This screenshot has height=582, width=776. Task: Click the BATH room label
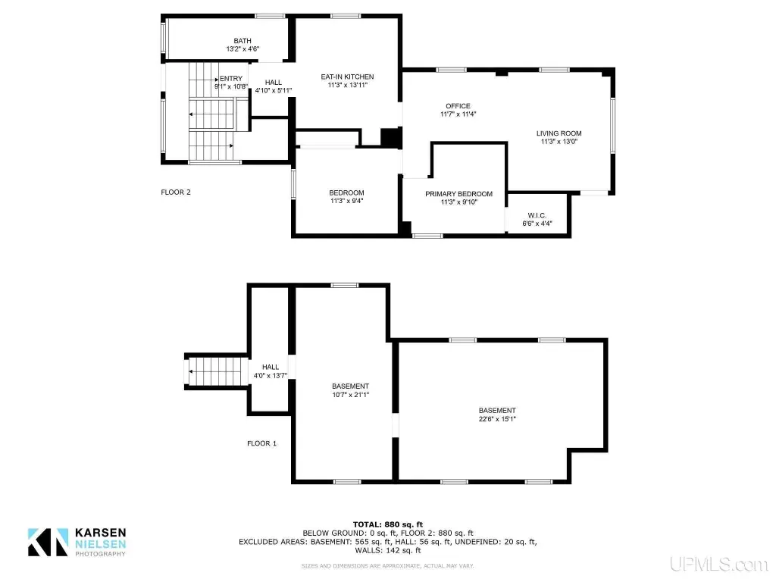pyautogui.click(x=242, y=41)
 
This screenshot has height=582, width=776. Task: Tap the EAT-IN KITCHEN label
pyautogui.click(x=347, y=77)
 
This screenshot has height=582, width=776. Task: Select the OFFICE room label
pyautogui.click(x=458, y=106)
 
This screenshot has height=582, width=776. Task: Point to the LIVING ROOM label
pyautogui.click(x=559, y=133)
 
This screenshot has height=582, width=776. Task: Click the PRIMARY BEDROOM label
pyautogui.click(x=458, y=194)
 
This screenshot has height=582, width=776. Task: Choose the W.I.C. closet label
pyautogui.click(x=537, y=215)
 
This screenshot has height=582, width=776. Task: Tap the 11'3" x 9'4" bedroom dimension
pyautogui.click(x=346, y=201)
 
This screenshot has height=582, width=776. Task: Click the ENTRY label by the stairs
pyautogui.click(x=231, y=78)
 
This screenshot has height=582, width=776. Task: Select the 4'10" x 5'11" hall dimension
pyautogui.click(x=273, y=91)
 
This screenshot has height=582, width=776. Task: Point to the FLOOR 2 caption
pyautogui.click(x=176, y=192)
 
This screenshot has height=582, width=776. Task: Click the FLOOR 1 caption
pyautogui.click(x=261, y=443)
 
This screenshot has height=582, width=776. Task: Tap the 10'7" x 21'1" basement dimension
pyautogui.click(x=350, y=394)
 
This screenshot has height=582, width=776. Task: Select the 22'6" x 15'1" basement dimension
pyautogui.click(x=497, y=418)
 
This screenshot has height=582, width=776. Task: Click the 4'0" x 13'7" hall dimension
pyautogui.click(x=271, y=376)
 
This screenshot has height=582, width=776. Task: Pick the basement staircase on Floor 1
pyautogui.click(x=216, y=371)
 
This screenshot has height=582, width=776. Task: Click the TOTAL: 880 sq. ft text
pyautogui.click(x=388, y=524)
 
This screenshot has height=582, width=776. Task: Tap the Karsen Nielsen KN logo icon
pyautogui.click(x=48, y=542)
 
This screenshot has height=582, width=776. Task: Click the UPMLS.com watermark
pyautogui.click(x=719, y=564)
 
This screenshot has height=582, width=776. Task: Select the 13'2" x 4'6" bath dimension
pyautogui.click(x=242, y=49)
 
